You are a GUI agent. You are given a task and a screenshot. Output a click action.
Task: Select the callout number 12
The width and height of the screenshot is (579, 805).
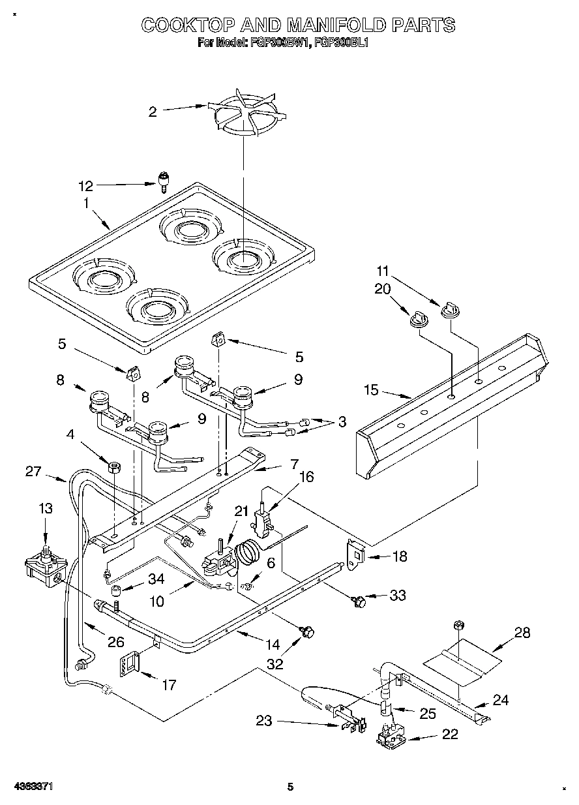coord(85,186)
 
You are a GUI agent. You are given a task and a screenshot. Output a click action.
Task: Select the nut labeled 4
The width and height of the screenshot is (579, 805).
coord(113,466)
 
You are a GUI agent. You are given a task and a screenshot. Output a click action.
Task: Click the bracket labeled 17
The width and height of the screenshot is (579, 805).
coord(131,663)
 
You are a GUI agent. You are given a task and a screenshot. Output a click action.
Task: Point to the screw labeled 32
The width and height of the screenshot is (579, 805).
coord(307,631)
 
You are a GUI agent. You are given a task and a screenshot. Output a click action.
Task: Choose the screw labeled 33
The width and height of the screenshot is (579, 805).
coord(358,600)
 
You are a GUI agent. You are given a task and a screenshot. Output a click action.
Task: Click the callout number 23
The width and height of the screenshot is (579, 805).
coord(263,721)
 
